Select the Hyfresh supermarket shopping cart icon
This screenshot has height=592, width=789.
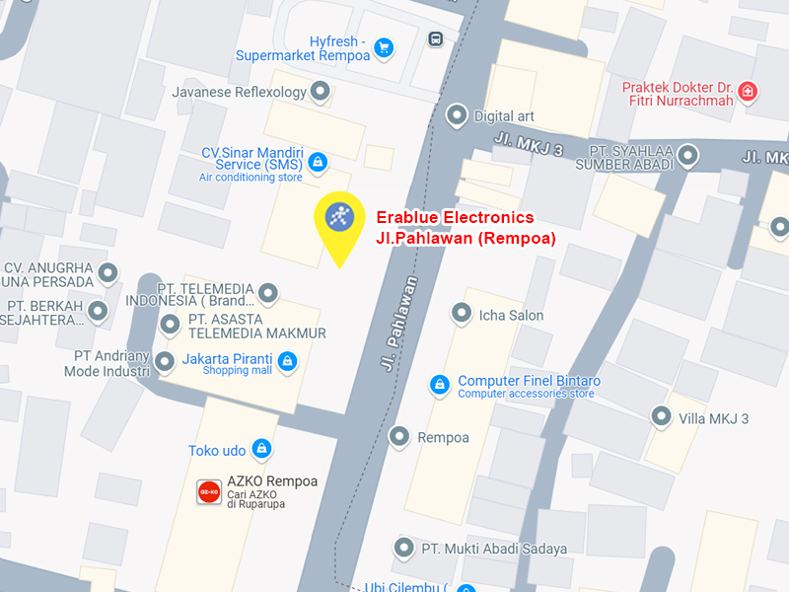384,46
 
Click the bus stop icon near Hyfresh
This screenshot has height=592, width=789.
436,39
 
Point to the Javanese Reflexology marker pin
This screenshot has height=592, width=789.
319,92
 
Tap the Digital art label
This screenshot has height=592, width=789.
503,115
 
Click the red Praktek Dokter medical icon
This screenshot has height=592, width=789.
748,92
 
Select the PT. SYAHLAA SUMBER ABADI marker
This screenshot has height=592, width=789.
687,155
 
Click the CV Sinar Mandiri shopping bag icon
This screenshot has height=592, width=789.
317,161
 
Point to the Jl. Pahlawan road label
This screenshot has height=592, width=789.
397,323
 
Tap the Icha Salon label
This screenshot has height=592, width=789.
510,316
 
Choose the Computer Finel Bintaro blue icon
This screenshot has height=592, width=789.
440,384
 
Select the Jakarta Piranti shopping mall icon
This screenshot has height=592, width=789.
286,362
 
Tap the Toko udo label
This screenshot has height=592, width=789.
217,451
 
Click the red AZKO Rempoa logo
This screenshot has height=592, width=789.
209,491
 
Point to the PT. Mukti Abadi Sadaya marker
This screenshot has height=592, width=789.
402,548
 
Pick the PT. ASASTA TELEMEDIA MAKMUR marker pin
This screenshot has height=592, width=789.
171,324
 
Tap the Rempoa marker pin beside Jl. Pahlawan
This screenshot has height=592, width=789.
399,436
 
